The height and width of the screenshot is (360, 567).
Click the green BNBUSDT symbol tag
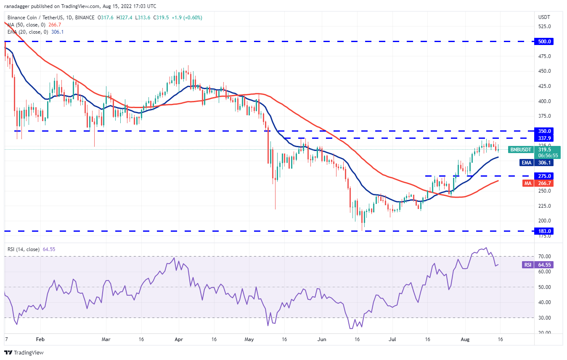(520, 149)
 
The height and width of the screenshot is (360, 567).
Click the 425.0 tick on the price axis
(544, 86)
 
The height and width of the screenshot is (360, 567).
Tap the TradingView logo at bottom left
(24, 352)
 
